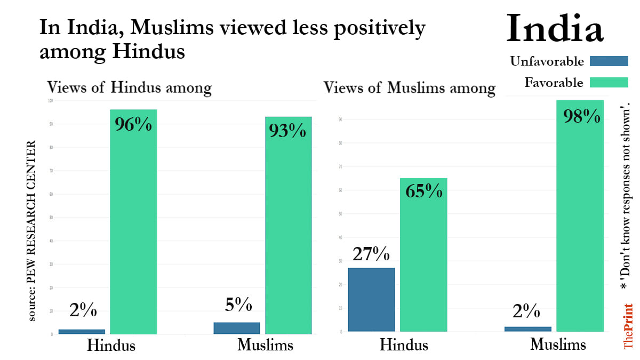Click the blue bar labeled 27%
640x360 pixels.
click(371, 299)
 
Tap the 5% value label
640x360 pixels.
click(238, 305)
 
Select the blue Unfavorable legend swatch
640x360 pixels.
click(609, 61)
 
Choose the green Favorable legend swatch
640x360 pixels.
click(609, 83)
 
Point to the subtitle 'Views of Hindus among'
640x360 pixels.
click(130, 87)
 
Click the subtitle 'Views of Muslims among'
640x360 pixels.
click(410, 87)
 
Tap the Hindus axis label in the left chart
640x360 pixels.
click(111, 345)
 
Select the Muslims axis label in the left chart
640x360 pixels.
click(265, 345)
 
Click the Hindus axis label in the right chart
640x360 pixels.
click(404, 345)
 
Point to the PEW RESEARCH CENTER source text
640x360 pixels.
click(33, 230)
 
